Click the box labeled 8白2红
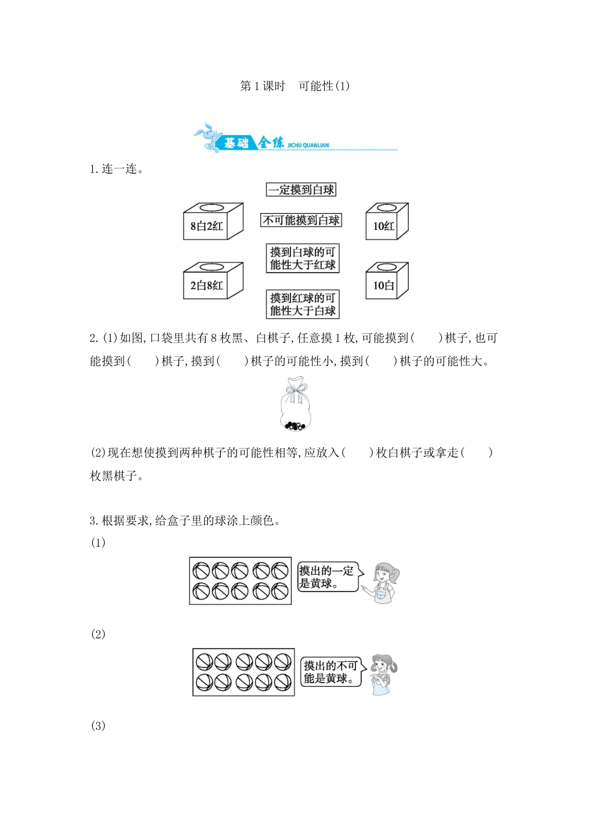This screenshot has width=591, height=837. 212,222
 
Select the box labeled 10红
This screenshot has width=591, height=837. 386,222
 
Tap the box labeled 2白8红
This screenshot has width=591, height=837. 212,281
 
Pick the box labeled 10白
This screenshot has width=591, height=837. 386,281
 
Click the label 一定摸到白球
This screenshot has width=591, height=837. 301,190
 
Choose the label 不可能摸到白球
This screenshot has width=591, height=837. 301,220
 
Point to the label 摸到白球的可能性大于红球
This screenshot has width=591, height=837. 302,258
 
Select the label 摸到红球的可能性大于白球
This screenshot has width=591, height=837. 302,305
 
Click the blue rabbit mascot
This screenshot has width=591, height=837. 208,137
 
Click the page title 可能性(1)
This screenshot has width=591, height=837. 323,86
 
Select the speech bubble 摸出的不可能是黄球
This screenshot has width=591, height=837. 331,672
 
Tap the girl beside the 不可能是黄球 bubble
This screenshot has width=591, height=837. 382,674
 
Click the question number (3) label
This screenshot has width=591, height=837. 98,726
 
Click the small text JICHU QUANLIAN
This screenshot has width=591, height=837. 308,145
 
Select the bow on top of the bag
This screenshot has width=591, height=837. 296,390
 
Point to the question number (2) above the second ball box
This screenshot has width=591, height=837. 98,634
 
